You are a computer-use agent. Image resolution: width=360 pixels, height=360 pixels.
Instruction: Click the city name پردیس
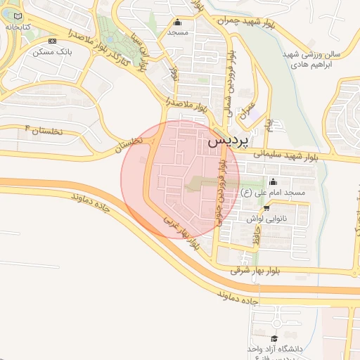[x=229, y=141]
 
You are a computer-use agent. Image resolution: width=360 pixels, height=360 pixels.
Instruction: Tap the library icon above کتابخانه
[x=18, y=15]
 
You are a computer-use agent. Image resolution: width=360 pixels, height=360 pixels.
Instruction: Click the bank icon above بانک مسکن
[x=52, y=41]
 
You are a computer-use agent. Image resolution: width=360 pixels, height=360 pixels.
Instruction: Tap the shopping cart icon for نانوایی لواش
[x=266, y=209]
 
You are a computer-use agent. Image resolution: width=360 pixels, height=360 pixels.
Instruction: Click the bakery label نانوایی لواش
[x=264, y=219]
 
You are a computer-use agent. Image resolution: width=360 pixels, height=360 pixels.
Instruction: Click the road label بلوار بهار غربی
[x=182, y=232]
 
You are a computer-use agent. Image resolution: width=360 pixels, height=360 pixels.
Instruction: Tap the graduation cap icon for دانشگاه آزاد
[x=274, y=339]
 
